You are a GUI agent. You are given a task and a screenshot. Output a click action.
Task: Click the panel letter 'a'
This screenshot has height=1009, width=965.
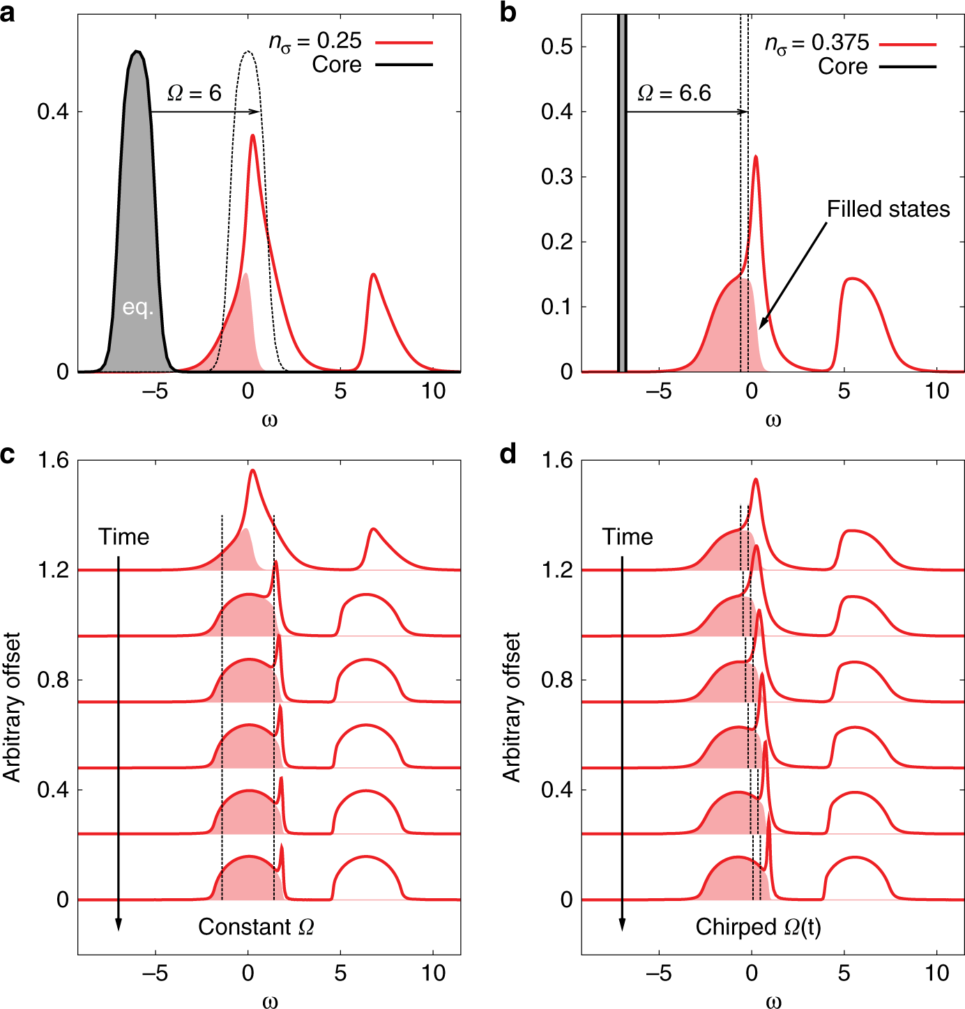(8, 12)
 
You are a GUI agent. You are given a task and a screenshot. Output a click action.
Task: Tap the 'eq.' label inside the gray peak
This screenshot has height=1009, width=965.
(137, 307)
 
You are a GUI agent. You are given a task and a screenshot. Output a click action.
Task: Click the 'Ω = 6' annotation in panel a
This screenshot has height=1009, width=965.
(195, 93)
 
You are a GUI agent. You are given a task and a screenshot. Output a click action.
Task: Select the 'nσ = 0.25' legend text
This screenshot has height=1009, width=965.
(315, 41)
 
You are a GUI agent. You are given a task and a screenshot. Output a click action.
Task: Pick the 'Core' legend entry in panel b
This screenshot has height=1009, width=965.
(842, 67)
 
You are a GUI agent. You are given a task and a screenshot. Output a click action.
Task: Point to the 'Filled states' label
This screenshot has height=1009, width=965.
(888, 209)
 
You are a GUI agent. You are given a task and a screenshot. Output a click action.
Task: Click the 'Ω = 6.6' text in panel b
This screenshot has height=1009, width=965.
(674, 93)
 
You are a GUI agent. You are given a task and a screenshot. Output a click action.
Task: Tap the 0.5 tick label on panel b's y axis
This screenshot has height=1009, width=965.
(556, 47)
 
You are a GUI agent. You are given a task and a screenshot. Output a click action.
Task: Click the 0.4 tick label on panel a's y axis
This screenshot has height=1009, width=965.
(53, 111)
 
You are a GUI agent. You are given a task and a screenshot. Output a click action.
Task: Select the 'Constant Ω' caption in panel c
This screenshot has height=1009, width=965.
(256, 927)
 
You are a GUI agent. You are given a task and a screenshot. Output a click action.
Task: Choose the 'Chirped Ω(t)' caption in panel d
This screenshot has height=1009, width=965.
(758, 927)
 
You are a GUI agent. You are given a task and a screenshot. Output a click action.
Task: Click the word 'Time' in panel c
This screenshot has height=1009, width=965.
(123, 537)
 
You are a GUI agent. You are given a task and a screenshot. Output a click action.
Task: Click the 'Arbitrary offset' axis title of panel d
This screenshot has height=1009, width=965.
(512, 707)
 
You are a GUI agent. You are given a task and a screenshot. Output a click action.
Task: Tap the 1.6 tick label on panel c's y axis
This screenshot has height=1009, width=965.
(53, 461)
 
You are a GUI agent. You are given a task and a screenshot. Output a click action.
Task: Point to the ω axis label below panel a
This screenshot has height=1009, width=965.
(270, 420)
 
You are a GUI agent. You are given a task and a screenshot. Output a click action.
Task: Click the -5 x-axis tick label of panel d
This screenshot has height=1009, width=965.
(658, 973)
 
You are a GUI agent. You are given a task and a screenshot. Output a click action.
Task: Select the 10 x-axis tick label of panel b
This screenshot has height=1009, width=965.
(936, 391)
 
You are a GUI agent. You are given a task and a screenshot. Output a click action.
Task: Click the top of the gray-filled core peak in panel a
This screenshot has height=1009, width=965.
(137, 52)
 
